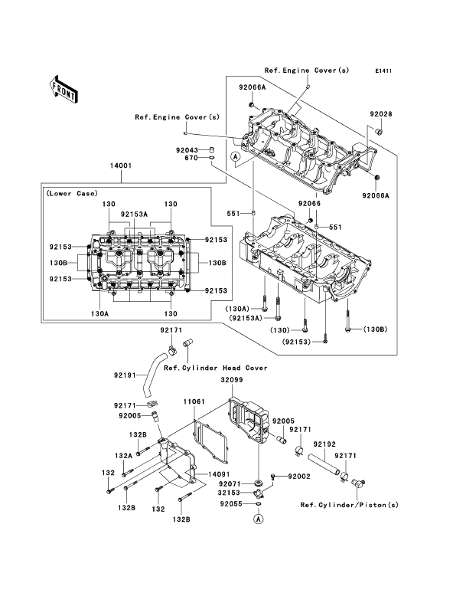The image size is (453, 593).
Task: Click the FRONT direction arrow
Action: coord(64,89)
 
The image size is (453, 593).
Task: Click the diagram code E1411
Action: coord(383,70)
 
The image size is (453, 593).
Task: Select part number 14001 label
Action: coord(121,165)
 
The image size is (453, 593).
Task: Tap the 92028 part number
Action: coord(381,114)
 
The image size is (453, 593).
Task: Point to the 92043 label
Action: coord(187,150)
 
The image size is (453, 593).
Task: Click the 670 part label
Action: coord(191,158)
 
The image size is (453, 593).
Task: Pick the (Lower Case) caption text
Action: coord(72,194)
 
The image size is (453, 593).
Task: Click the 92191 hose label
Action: coord(125,375)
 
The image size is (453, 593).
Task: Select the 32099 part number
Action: coord(232,380)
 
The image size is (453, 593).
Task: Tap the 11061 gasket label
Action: coord(194,401)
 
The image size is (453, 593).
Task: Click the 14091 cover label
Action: coord(218,474)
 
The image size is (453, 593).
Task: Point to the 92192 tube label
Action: coord(324,444)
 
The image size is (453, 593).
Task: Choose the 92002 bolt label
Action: coord(299,477)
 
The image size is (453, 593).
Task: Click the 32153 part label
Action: coord(229,493)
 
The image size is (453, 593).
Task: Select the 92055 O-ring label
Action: coord(231,504)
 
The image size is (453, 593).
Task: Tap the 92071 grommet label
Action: coord(230,483)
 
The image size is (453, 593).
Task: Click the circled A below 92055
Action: coord(258,519)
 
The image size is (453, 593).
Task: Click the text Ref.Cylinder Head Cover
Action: coord(215,368)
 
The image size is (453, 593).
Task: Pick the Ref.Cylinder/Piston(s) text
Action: coord(350,505)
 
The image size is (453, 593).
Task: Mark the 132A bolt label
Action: coord(123,456)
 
